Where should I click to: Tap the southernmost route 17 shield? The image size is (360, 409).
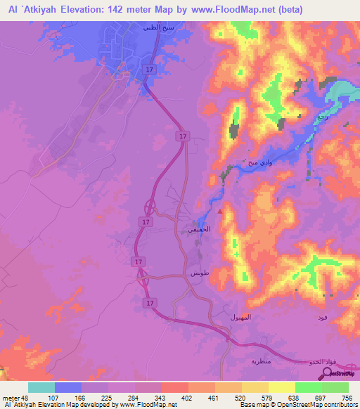pos(149,302)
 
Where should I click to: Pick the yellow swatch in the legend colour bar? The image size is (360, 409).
pos(281,388)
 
